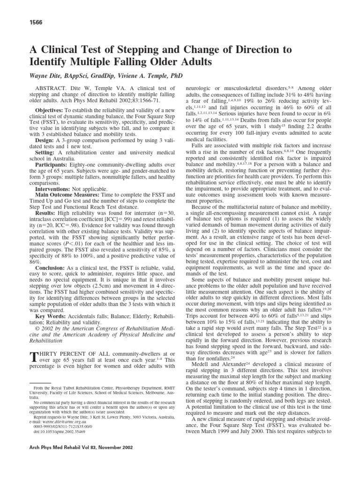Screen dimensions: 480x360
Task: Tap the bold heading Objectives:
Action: pyautogui.click(x=47, y=109)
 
